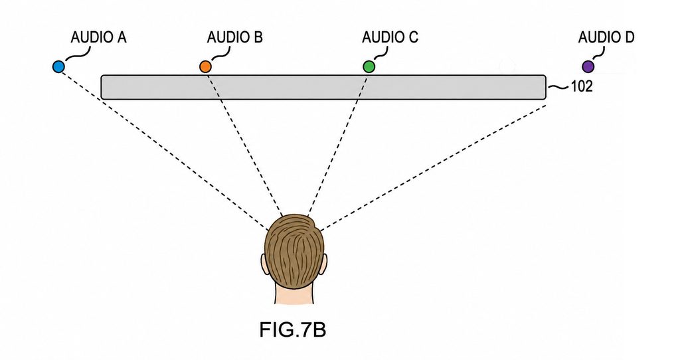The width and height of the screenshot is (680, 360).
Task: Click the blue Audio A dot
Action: pos(58,67)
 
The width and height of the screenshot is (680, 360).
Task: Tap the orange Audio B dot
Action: pos(205,67)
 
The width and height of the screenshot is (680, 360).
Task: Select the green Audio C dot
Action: pos(369,67)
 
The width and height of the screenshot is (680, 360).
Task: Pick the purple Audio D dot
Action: pos(588,67)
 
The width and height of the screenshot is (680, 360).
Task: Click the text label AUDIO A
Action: pos(98,37)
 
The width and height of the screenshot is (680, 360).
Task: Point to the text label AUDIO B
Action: pos(234,37)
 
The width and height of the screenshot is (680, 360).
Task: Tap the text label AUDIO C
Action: pos(390,37)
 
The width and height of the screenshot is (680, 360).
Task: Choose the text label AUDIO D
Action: pos(606,37)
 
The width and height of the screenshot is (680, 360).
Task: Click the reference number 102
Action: pos(582,87)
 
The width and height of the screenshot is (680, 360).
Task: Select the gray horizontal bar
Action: pos(323,87)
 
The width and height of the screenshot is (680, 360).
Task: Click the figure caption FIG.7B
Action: pos(293,329)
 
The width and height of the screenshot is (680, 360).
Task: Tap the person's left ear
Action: pos(264,265)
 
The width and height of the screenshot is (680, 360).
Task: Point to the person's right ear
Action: pos(324,265)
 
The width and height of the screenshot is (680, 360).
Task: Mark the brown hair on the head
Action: pos(294,252)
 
